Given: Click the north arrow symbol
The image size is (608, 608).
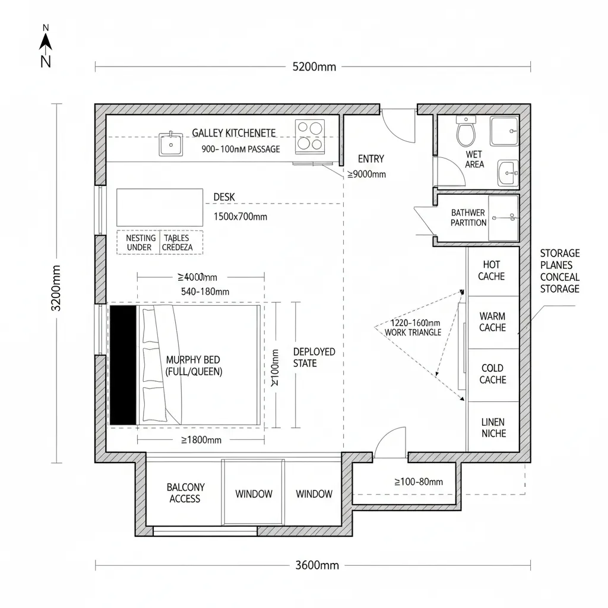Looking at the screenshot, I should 46,42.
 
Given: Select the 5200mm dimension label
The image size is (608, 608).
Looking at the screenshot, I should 314,66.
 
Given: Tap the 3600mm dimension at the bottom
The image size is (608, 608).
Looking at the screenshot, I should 317,565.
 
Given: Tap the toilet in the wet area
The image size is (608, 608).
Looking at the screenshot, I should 466,131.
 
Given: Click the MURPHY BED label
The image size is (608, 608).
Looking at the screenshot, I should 194,366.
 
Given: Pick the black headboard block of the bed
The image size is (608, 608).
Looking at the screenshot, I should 123,365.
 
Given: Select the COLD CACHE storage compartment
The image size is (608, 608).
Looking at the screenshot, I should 492,374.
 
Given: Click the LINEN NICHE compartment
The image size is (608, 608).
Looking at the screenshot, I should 493,427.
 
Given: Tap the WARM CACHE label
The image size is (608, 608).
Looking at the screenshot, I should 492,322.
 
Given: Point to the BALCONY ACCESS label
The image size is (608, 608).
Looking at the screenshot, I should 186,493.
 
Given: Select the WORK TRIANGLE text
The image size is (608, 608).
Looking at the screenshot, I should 413,332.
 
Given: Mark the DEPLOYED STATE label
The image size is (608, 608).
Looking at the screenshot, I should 313,357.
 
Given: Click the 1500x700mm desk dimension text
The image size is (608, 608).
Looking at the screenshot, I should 240,217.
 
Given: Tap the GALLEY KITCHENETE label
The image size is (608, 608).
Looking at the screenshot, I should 233,133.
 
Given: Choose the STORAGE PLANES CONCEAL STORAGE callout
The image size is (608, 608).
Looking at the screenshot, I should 559,271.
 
